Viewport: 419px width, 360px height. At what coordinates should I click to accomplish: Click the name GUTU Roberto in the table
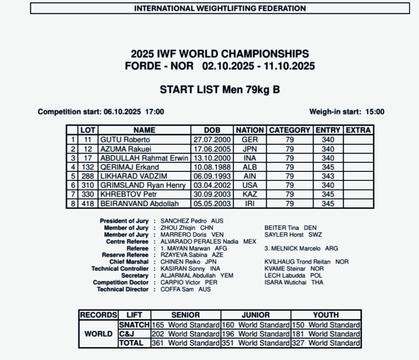click(119, 139)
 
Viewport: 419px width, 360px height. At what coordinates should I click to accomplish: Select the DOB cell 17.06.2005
click(212, 149)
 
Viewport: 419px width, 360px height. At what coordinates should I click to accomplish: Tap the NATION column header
click(250, 130)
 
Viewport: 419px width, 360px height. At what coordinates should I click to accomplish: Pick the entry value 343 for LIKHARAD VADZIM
click(328, 176)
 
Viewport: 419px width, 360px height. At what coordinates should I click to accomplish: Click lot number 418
click(88, 203)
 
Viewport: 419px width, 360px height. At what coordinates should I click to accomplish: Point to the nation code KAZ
click(250, 194)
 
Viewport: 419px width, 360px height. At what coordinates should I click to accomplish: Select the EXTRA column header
click(358, 130)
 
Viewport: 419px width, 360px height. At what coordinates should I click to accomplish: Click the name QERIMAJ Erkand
click(130, 167)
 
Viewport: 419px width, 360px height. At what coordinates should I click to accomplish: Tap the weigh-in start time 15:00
click(375, 112)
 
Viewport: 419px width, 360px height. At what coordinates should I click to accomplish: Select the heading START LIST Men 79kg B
click(220, 90)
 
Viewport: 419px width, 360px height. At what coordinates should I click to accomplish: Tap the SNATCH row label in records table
click(134, 325)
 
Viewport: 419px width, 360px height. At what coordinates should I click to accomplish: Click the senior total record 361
click(158, 343)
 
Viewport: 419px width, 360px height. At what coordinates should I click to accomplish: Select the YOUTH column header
click(326, 315)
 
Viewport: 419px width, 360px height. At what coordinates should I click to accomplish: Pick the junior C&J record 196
click(228, 334)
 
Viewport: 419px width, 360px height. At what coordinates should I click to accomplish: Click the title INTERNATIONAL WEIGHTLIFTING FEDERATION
click(220, 8)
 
